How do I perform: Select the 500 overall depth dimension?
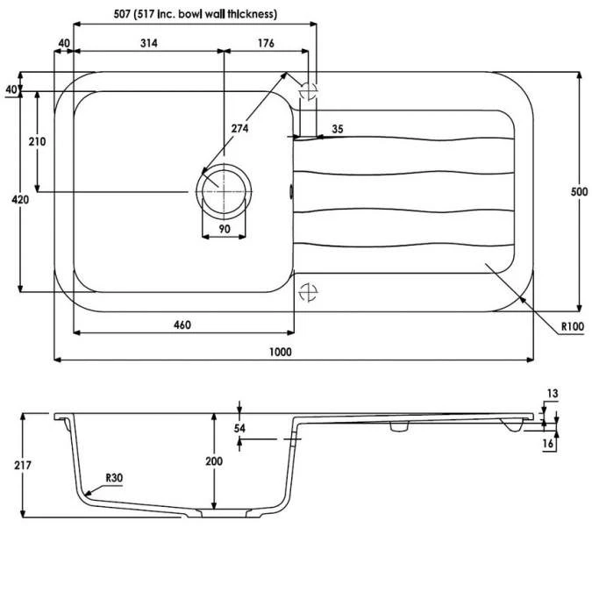click(x=579, y=192)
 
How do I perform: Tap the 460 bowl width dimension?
click(x=182, y=325)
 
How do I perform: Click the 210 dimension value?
click(x=37, y=141)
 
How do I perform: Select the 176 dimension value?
click(x=267, y=43)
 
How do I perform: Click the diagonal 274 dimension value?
click(x=240, y=129)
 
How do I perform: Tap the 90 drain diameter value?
click(x=224, y=229)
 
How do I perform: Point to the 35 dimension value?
click(x=338, y=129)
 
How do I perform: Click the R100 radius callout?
click(x=572, y=326)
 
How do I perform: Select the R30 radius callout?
click(x=113, y=478)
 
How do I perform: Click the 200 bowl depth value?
click(x=226, y=461)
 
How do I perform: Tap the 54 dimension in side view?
click(x=239, y=428)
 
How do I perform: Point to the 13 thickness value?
click(x=552, y=394)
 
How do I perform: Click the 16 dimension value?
click(x=548, y=445)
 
